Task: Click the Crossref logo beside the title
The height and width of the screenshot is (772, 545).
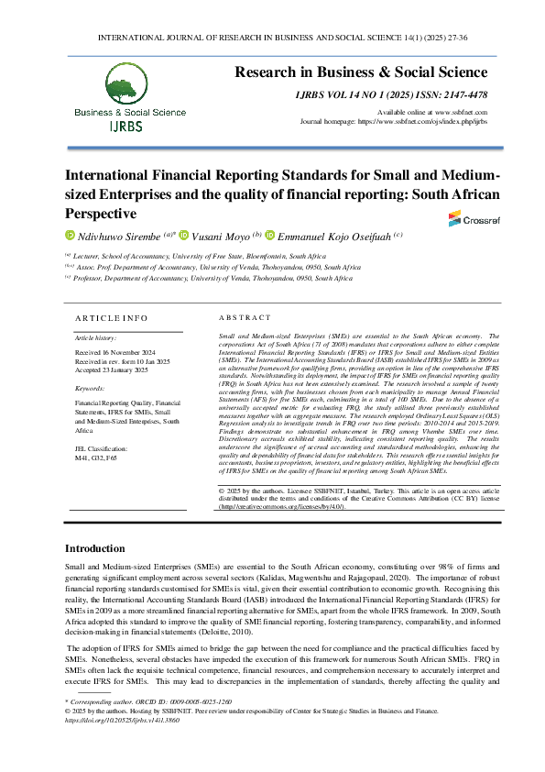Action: click(467, 218)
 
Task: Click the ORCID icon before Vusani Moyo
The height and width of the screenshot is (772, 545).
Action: click(183, 236)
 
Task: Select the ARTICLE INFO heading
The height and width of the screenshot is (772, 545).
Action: click(111, 317)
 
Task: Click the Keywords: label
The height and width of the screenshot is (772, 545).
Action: click(91, 389)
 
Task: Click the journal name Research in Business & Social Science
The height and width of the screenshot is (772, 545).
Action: click(361, 72)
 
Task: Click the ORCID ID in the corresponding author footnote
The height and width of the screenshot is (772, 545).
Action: click(198, 701)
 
